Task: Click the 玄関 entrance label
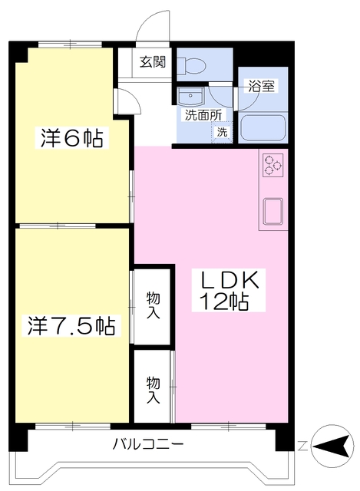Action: point(152,62)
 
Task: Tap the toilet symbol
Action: point(191,65)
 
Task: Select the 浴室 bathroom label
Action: point(261,86)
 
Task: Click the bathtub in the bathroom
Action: point(263,128)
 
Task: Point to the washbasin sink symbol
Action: point(190,97)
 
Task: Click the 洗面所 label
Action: point(203,115)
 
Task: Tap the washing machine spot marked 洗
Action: point(222,132)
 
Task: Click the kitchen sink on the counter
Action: point(273,212)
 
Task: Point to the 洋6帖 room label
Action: point(71,138)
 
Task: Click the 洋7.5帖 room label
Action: point(71,325)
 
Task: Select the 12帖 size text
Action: point(224,302)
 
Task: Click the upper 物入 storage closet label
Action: point(154,305)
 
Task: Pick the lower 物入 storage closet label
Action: point(154,390)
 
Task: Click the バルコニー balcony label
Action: point(148,444)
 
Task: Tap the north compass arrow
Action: point(332,445)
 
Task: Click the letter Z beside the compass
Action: point(302,446)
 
